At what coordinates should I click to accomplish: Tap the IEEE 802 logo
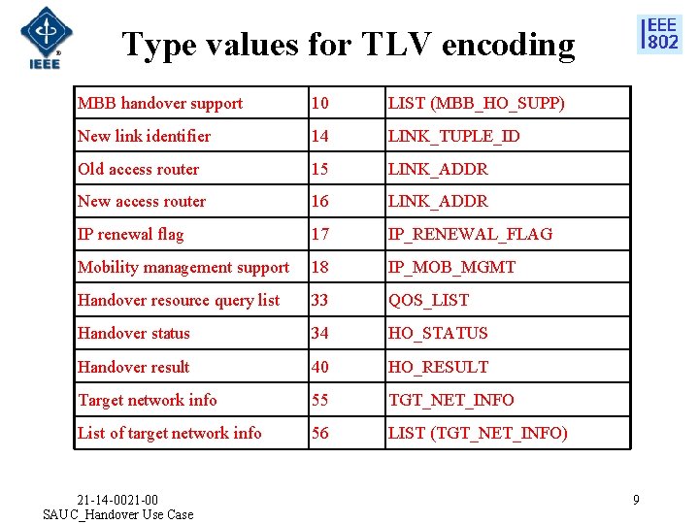click(659, 34)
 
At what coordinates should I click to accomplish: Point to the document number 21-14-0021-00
click(117, 500)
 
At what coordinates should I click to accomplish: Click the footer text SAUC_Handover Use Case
click(118, 514)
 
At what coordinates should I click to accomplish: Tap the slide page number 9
click(636, 500)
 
